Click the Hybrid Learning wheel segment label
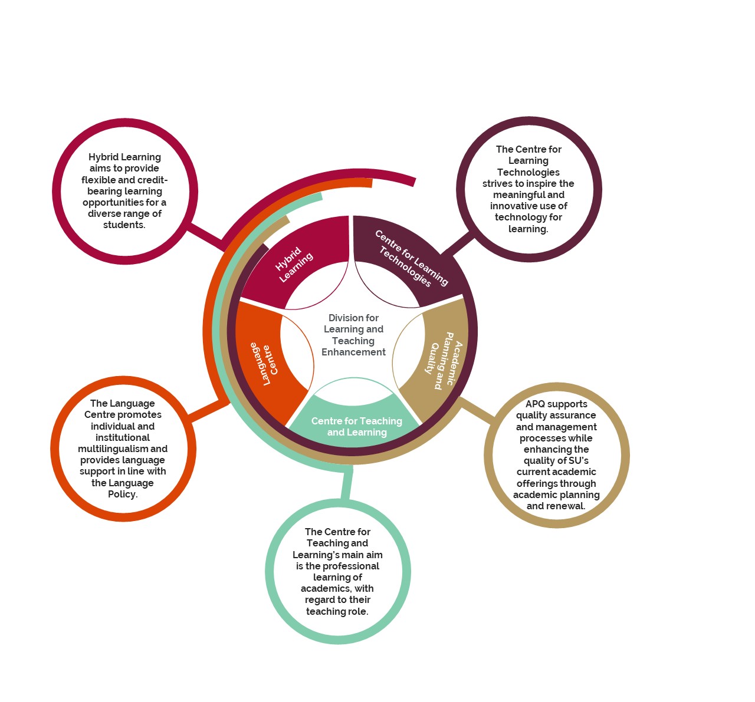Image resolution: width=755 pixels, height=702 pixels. [294, 265]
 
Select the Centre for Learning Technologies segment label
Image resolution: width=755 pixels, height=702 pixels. [411, 258]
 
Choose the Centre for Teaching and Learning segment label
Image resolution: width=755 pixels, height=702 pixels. [357, 426]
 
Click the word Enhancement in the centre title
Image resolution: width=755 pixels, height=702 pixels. [353, 352]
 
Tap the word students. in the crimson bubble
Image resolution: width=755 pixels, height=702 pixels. [124, 225]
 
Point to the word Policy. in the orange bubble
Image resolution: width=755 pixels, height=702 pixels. [123, 494]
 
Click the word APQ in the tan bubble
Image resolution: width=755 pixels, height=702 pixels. [535, 404]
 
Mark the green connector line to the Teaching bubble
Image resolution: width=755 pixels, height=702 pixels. [347, 485]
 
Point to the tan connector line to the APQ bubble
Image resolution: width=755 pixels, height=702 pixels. [478, 409]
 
